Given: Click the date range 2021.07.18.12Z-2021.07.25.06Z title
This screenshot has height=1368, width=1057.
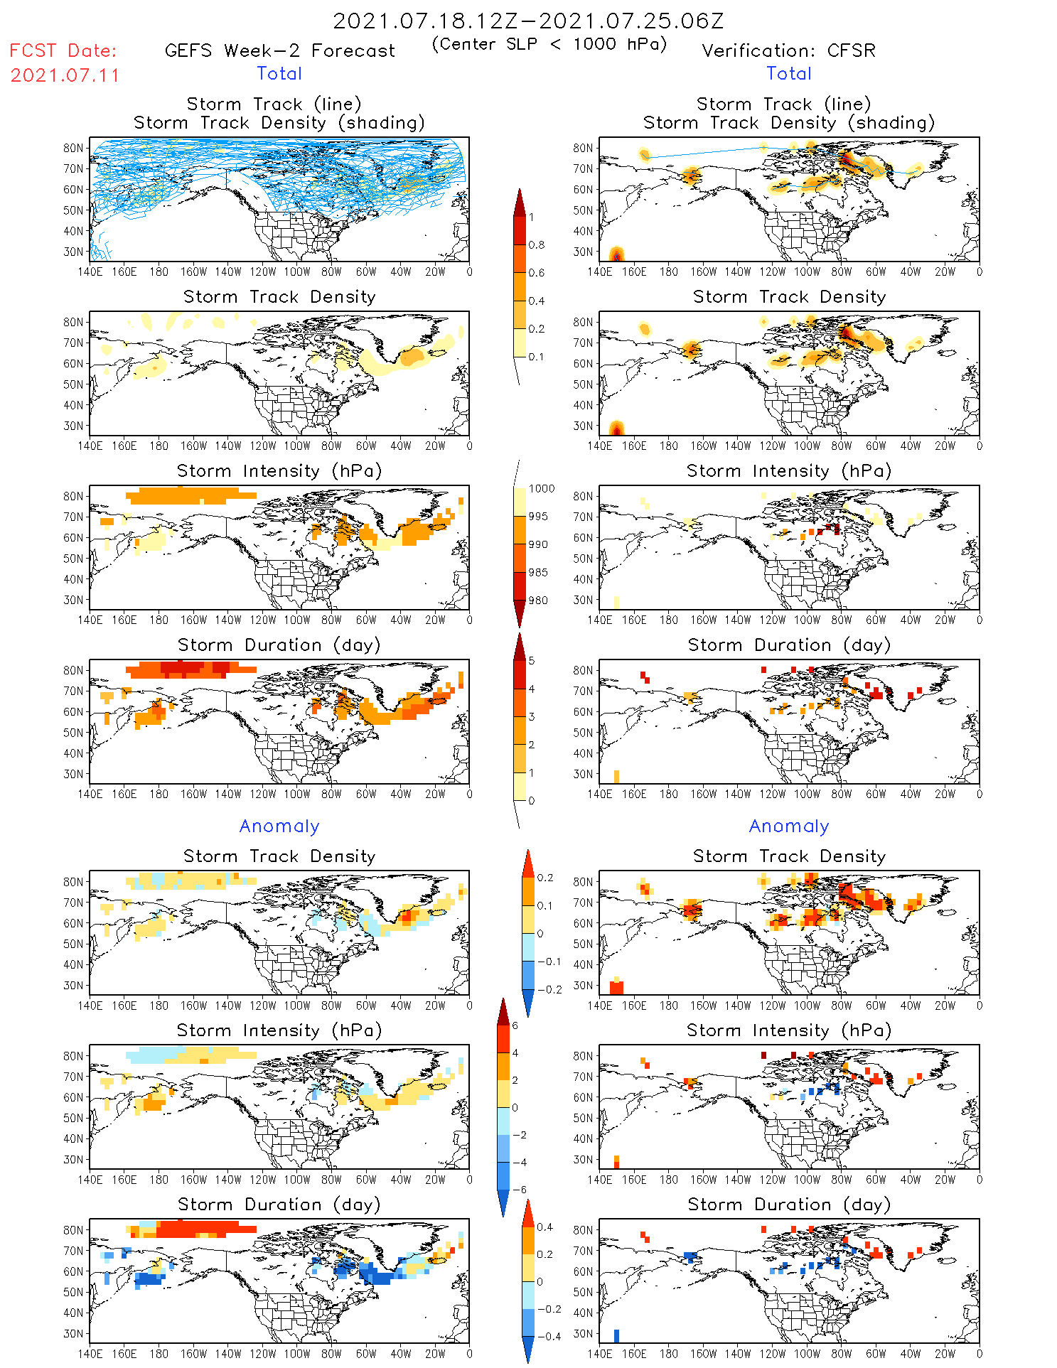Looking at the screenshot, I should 528,21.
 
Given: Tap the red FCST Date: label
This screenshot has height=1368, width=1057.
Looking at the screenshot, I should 63,50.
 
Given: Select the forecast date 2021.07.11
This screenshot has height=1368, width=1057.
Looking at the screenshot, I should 65,75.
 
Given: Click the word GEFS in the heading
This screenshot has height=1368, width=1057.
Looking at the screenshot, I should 188,50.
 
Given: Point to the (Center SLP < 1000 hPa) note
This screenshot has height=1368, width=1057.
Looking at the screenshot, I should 549,44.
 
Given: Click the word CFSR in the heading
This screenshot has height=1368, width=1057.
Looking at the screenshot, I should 852,50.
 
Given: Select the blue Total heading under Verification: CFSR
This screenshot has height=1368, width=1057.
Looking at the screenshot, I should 788,73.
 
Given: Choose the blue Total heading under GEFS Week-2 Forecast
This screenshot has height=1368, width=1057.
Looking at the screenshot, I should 279,73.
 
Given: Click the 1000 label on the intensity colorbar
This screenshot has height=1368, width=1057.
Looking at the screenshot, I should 542,488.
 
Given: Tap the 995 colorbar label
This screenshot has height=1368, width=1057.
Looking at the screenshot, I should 538,517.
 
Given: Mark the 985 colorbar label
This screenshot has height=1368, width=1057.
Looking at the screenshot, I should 538,572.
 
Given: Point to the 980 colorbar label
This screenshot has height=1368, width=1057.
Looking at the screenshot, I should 538,600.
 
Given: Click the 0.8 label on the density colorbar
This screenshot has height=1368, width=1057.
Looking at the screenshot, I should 537,244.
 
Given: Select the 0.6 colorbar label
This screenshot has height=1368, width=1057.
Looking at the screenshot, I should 537,273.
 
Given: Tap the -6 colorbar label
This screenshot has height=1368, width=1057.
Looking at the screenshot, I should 520,1190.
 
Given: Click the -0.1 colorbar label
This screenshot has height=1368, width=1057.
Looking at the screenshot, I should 549,962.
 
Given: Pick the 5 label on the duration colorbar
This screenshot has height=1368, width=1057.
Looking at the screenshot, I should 532,661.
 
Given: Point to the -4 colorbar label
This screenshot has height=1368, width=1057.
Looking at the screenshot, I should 520,1163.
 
